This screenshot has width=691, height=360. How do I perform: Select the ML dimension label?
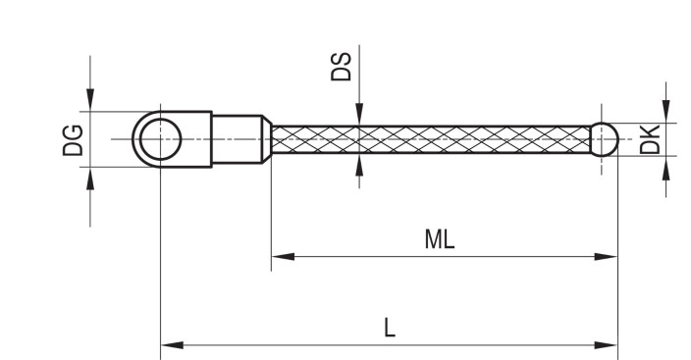(440, 239)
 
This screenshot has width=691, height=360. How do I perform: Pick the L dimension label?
(390, 329)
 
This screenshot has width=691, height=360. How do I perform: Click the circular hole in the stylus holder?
(160, 139)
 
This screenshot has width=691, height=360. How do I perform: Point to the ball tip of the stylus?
(604, 139)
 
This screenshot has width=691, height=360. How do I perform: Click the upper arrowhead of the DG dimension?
(90, 102)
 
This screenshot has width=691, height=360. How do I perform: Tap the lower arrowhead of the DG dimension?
(90, 177)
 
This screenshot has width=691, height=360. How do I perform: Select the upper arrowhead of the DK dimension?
(666, 114)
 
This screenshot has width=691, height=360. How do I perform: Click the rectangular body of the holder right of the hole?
(196, 139)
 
